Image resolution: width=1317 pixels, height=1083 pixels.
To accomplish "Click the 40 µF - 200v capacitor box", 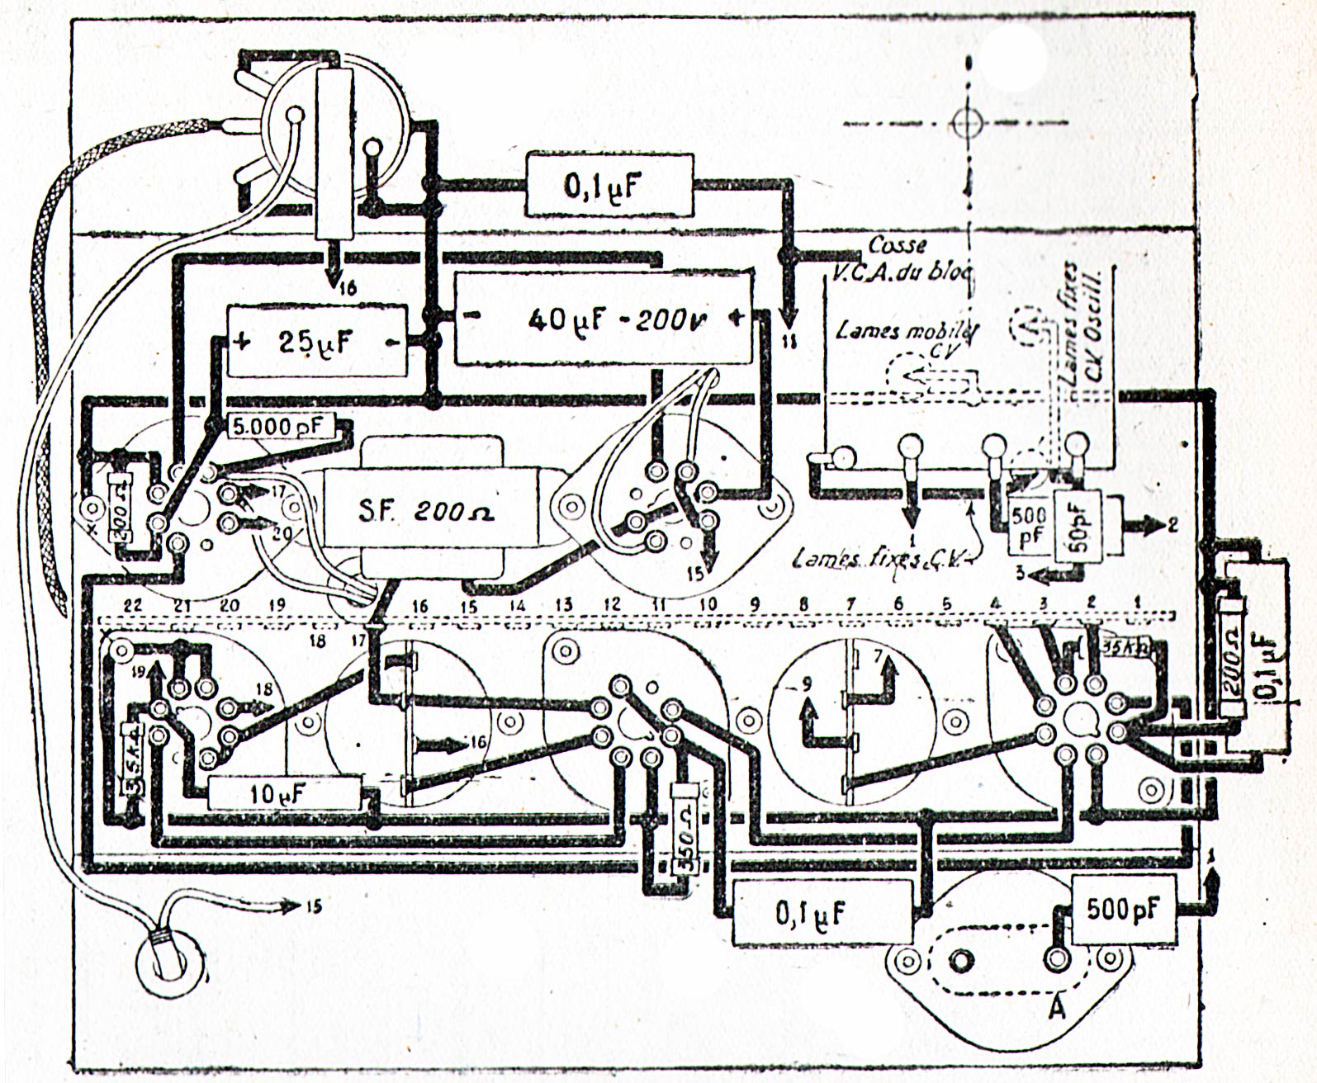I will tap(603, 319).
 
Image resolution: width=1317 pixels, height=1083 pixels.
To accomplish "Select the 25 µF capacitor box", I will tap(317, 342).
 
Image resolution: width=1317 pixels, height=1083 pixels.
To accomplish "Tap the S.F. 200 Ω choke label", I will tap(426, 512).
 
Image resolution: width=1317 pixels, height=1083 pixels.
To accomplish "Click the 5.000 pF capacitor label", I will tap(274, 427).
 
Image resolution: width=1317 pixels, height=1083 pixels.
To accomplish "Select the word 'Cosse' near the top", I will tap(897, 245).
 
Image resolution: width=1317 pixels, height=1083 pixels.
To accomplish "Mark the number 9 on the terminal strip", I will tap(754, 605).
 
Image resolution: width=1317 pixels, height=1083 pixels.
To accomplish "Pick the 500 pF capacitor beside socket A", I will tap(1122, 909).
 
